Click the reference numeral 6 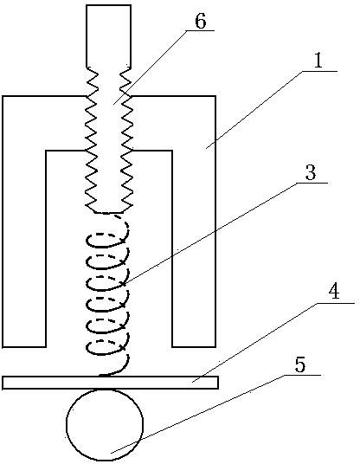pos(200,21)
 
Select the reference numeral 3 pos(311,172)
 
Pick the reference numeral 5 pos(300,365)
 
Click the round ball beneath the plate pos(105,425)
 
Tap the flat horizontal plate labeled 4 pos(111,383)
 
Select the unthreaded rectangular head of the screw pos(108,36)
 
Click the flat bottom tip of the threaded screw pos(108,212)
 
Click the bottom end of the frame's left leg pos(24,346)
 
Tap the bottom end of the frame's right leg pos(194,346)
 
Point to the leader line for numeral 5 pos(215,414)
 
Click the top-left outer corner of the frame pos(3,96)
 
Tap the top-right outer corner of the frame pos(215,96)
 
